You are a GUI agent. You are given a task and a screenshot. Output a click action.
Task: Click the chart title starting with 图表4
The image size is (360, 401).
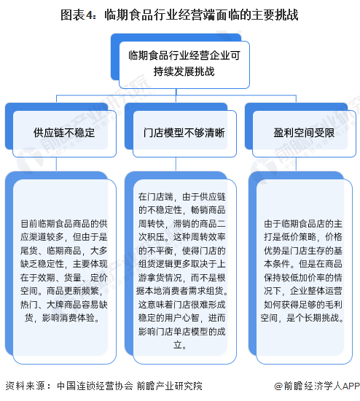[x=179, y=15]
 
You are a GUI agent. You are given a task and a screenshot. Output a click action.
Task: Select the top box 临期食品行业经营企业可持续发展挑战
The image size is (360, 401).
[x=184, y=65]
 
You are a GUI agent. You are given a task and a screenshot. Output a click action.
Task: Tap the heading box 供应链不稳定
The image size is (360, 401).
[x=64, y=133]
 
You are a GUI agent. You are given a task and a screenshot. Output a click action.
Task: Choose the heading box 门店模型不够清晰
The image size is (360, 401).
[x=184, y=133]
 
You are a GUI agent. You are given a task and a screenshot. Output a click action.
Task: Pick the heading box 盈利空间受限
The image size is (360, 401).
[x=305, y=133]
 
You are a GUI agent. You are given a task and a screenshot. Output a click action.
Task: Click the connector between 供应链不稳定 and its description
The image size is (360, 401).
[x=56, y=164]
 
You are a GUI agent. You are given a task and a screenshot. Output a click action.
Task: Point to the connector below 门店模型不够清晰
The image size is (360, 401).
[x=176, y=164]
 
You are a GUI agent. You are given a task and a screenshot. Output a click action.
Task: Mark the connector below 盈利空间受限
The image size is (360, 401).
[x=296, y=164]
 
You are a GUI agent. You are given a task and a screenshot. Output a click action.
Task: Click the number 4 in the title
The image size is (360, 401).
[x=89, y=15]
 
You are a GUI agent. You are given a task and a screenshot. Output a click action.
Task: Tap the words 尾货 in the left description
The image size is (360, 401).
[x=29, y=251]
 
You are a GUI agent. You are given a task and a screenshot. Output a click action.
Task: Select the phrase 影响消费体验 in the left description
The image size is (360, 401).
[x=69, y=318]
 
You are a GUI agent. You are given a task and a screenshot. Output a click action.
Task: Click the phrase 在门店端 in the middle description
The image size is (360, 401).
[x=156, y=197]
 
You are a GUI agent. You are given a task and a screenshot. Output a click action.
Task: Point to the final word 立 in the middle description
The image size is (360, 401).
[x=178, y=345]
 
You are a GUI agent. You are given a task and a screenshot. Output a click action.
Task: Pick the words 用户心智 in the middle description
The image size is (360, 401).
[x=181, y=318]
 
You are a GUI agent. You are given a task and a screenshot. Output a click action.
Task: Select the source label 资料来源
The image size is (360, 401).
[x=25, y=386]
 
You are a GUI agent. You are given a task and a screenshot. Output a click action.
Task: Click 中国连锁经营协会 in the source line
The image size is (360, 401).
[x=95, y=386]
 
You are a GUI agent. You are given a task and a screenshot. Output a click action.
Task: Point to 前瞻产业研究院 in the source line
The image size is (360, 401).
[x=169, y=386]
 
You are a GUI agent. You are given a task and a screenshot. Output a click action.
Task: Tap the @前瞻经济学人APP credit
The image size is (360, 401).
[x=317, y=386]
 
